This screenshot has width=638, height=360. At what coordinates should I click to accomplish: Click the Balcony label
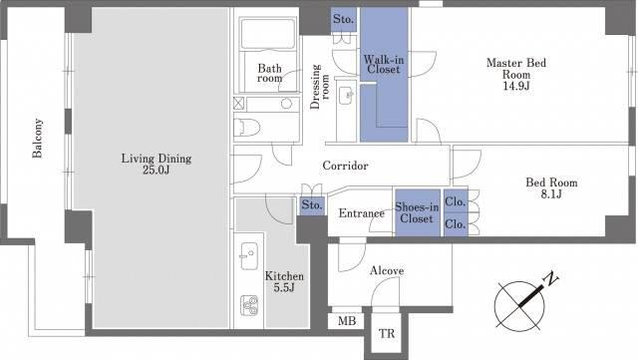click(38, 138)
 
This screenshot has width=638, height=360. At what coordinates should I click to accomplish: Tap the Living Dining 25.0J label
click(157, 164)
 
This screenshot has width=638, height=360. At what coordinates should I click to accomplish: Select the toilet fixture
click(247, 127)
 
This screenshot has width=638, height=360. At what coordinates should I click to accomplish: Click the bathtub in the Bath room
click(268, 33)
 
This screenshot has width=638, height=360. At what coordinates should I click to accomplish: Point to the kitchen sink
click(248, 256)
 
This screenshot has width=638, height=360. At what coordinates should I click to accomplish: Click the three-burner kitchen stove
click(249, 305)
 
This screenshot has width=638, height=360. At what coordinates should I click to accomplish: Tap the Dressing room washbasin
click(346, 96)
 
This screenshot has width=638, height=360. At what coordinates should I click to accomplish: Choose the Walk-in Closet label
click(384, 65)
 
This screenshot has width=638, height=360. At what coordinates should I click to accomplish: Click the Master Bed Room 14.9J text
click(516, 74)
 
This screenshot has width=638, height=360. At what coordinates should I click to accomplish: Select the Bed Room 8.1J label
click(551, 188)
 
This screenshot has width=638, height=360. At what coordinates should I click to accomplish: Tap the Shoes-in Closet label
click(417, 213)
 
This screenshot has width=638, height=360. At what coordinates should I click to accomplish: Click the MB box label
click(347, 321)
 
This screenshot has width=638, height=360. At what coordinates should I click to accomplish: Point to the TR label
click(387, 334)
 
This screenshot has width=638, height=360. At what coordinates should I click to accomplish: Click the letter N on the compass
click(551, 279)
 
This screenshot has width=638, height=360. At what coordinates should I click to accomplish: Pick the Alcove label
click(387, 270)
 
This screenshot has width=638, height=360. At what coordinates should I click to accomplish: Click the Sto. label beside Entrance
click(312, 204)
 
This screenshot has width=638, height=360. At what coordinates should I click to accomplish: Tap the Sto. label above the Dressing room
click(343, 19)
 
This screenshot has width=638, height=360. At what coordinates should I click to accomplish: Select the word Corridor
click(346, 166)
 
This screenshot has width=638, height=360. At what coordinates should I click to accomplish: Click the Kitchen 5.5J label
click(284, 282)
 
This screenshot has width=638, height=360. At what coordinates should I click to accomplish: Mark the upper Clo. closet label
click(456, 201)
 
